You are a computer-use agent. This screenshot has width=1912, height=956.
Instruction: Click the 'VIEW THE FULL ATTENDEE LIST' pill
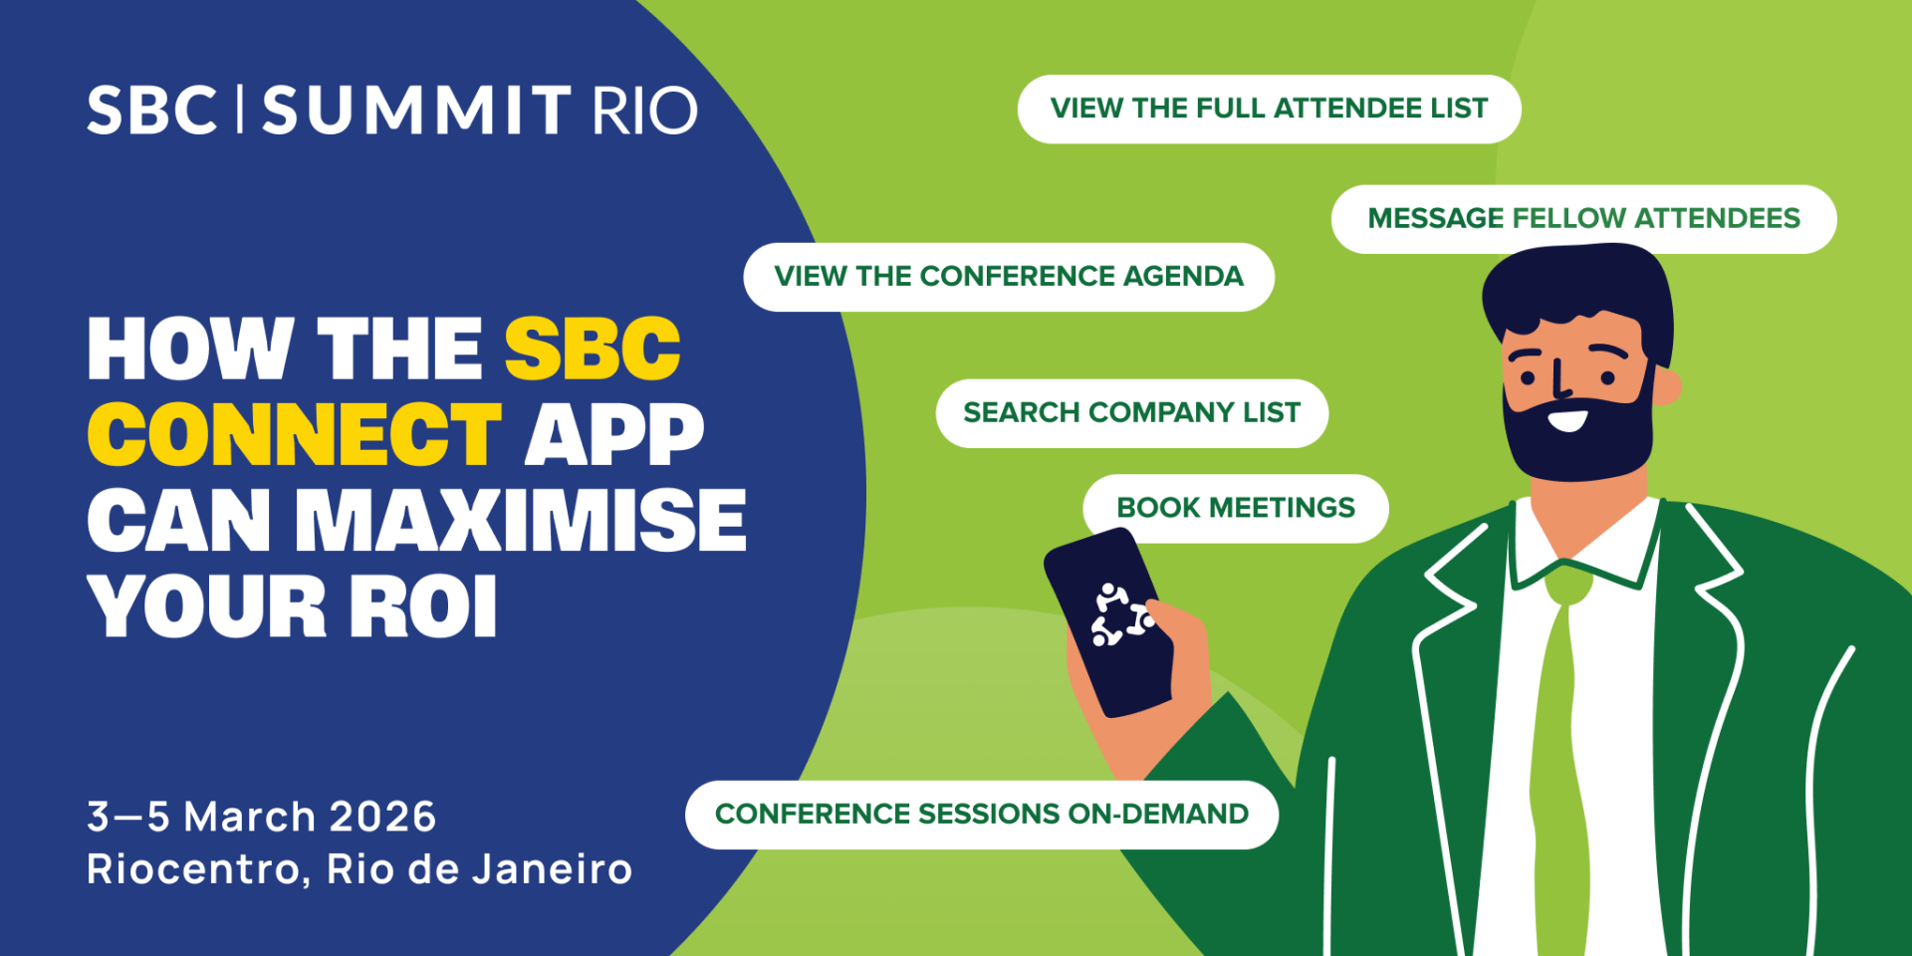point(1268,109)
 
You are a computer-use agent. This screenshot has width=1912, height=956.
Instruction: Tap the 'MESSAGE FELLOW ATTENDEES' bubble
point(1583,219)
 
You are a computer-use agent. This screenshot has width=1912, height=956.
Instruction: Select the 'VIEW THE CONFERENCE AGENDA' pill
point(1008,277)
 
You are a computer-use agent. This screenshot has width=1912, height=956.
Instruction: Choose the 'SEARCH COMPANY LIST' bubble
point(1131,413)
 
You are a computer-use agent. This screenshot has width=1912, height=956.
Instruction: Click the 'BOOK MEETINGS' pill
point(1235,509)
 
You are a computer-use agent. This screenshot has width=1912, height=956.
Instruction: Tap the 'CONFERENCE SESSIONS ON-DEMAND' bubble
point(981,815)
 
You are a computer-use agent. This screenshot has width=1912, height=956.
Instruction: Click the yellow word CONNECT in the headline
point(295,435)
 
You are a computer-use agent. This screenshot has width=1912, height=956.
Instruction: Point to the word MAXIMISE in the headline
point(521,521)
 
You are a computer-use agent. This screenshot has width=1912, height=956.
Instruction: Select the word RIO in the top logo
point(644,111)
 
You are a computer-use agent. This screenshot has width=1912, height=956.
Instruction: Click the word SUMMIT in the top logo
point(416,111)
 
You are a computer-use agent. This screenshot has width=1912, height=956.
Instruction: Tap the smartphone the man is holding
point(1108,622)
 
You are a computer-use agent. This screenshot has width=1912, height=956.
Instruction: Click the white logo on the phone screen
point(1120,615)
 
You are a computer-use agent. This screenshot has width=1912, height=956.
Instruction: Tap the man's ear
point(1666,386)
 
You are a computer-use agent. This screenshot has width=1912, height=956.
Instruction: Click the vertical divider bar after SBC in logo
point(240,110)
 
